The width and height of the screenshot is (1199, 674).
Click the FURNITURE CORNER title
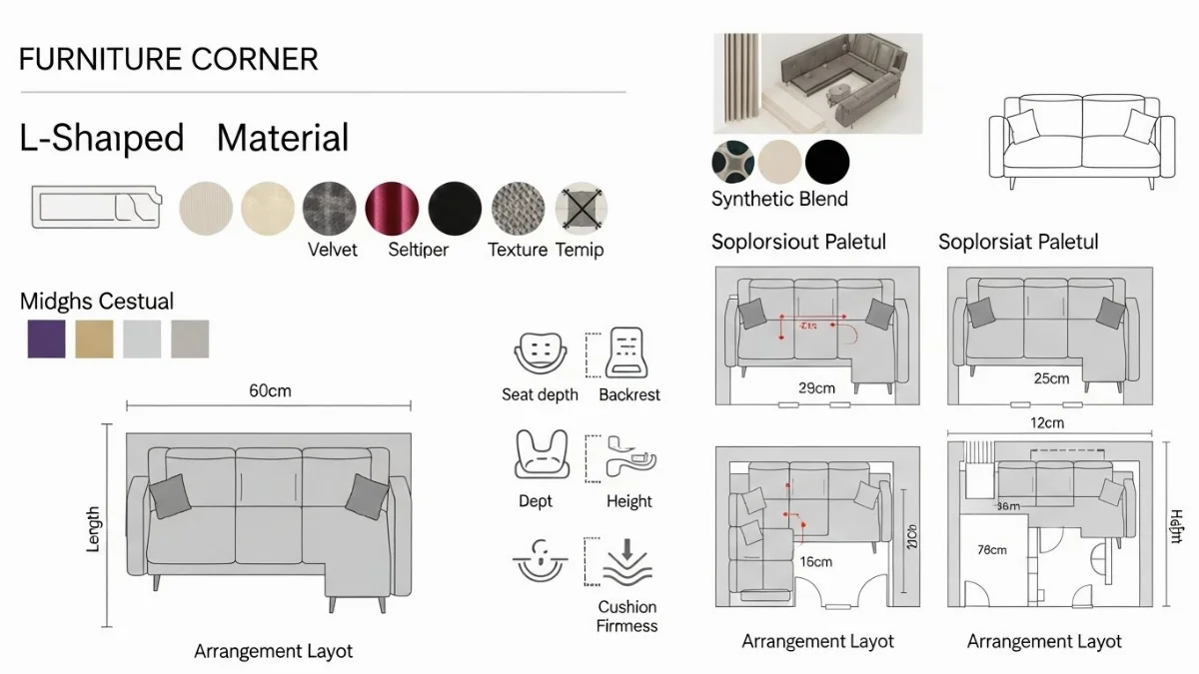click(168, 59)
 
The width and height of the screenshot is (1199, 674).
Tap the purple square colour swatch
click(46, 338)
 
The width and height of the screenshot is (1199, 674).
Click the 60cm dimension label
click(270, 390)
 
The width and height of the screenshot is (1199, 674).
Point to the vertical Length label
click(93, 529)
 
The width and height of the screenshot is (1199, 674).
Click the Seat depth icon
click(539, 350)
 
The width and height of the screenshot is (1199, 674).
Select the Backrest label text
click(629, 394)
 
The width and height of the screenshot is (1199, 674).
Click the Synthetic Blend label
click(779, 199)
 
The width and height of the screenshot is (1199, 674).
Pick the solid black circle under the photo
click(827, 161)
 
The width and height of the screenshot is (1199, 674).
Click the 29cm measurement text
click(816, 386)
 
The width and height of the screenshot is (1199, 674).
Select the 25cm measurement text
click(1051, 378)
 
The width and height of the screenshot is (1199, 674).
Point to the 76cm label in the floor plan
click(992, 549)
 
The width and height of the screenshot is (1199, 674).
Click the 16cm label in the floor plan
click(815, 561)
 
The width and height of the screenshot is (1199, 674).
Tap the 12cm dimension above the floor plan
click(1046, 422)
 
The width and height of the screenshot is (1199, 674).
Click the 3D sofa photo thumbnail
click(817, 84)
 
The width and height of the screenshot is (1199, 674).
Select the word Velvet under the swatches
click(333, 250)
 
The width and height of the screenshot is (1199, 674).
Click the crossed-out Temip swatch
click(582, 209)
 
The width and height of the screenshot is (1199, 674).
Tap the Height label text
click(628, 501)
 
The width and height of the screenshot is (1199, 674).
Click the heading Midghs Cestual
click(97, 301)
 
